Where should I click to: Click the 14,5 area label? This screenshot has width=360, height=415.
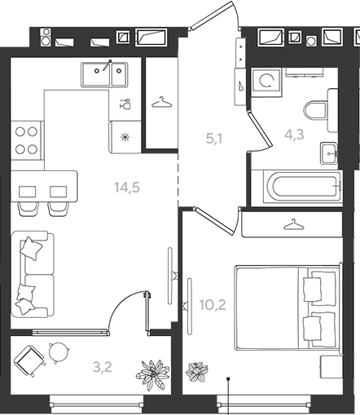pos(127,188)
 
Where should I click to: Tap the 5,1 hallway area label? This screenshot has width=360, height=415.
pos(214,139)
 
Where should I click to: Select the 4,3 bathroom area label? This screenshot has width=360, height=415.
pos(294,135)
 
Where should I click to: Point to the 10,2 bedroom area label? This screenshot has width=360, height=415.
pos(213,305)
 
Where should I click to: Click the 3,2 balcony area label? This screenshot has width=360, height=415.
pos(103,367)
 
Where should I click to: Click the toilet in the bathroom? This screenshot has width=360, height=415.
pos(315,111)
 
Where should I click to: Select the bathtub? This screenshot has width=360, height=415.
pos(302,186)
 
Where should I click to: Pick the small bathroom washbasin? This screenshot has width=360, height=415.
pos(329,153)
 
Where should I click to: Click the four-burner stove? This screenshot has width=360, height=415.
pos(27,140)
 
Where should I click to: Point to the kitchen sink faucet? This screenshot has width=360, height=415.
pos(107,65)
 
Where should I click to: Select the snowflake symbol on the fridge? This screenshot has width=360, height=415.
pos(125,138)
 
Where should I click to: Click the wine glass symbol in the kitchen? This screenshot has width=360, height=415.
pos(125,104)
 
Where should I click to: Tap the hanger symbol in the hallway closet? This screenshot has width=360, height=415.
pos(162,103)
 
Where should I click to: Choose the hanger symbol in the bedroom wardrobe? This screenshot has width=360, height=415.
pos(294,224)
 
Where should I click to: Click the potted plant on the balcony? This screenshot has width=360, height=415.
pos(153,375)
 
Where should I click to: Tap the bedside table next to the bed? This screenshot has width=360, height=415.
pos(331,367)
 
